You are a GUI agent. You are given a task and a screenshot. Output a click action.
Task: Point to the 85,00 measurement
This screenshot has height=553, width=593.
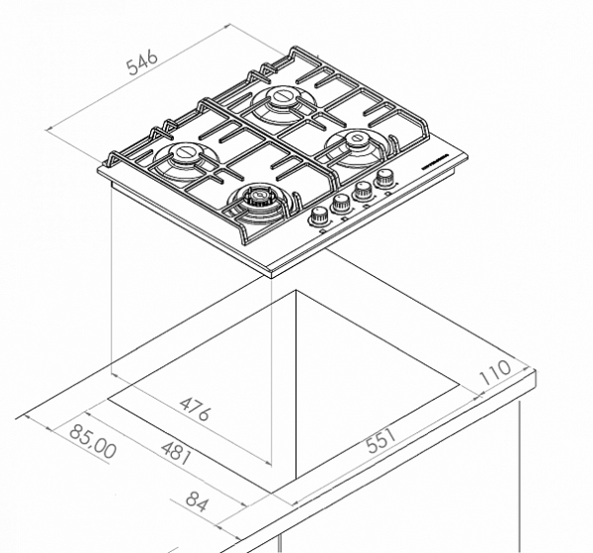tap(93, 441)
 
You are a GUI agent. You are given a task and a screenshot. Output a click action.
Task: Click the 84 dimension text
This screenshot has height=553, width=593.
tap(198, 504)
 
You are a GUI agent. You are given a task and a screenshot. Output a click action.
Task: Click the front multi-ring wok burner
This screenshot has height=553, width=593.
tap(259, 196)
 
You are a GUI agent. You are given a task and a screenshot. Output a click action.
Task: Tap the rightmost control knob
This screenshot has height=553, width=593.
tap(385, 178)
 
